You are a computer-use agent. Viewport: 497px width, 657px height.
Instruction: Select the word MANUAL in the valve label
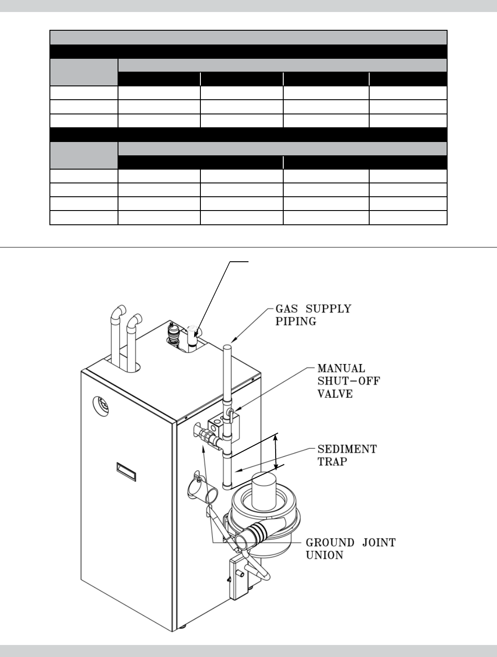(341, 369)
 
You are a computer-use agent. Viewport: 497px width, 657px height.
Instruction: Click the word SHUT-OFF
(349, 381)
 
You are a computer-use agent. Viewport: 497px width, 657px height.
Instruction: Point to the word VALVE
(335, 393)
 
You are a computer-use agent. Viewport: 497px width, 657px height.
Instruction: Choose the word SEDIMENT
(347, 449)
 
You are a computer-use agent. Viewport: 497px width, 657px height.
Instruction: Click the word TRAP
(332, 461)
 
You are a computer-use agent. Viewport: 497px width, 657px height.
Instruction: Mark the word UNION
(324, 555)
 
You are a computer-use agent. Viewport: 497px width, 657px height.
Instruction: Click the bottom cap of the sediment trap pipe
(227, 487)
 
